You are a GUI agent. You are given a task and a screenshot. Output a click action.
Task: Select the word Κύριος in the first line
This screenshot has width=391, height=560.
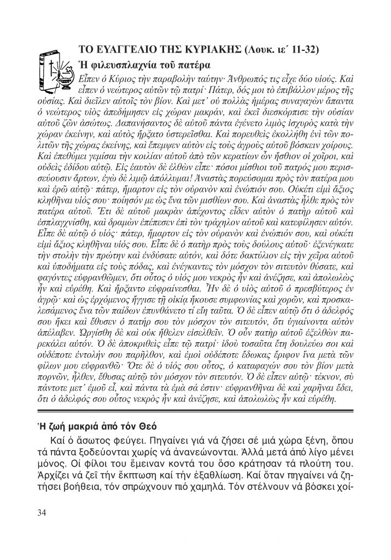pos(114,74)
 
